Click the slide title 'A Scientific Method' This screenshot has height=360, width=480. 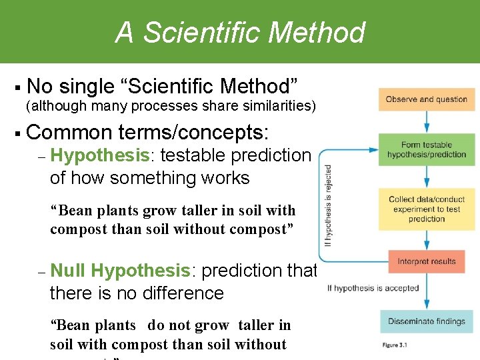click(240, 32)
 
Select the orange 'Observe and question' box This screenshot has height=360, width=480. click(426, 99)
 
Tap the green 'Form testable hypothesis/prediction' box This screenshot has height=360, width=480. click(426, 149)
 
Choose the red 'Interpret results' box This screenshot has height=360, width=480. click(426, 261)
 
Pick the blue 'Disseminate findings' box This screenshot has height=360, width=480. click(426, 321)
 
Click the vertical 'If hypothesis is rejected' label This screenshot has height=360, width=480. click(328, 205)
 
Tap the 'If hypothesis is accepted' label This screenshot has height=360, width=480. click(373, 288)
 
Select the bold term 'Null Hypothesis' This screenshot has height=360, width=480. click(120, 271)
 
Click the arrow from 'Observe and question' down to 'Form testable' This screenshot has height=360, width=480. click(427, 122)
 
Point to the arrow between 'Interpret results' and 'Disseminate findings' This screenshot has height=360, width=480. click(427, 291)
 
